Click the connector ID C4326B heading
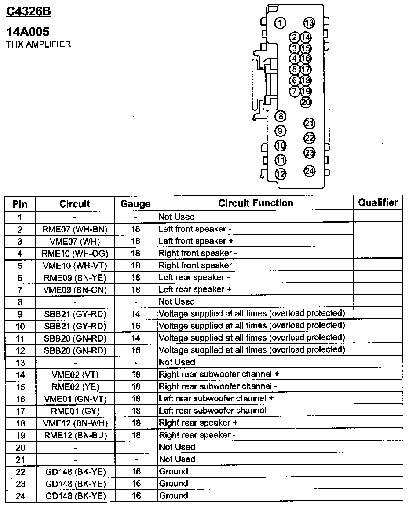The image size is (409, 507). coord(29,11)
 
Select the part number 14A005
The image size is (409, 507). coord(28,32)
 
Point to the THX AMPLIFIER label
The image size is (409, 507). coord(38,44)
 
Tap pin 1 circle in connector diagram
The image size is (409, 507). coord(280,23)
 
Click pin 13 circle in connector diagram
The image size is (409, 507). coord(309,23)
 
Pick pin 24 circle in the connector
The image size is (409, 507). coord(310,171)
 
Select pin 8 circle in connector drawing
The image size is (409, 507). coord(280,116)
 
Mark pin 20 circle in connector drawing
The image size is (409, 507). coord(306,102)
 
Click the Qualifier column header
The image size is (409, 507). coord(378,202)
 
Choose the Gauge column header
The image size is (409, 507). coord(135,204)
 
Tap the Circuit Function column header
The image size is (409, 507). coord(256,203)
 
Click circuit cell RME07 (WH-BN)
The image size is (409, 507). coord(75,229)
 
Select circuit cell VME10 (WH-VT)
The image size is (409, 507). coord(75,266)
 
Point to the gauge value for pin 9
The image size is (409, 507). coord(135,314)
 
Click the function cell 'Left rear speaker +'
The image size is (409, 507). coord(195,290)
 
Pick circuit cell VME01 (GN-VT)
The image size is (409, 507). coord(75,399)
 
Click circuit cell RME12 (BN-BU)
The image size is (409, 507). coord(75,435)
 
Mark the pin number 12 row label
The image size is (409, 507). coord(20,351)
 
